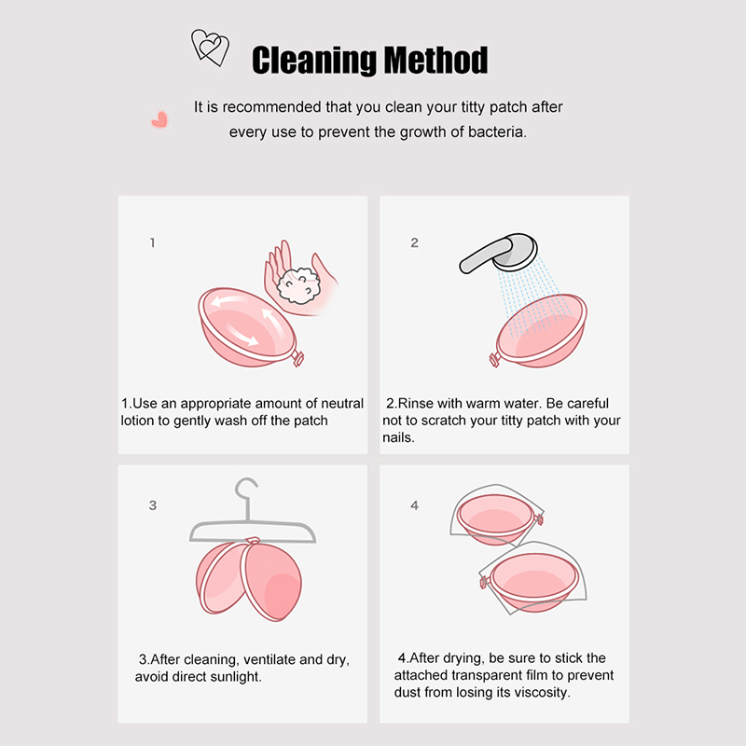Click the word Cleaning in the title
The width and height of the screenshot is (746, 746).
pos(314,61)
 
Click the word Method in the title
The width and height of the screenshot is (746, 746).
pos(435,60)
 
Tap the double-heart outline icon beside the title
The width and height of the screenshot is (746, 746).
pos(210,48)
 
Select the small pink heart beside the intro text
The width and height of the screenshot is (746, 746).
pos(159,119)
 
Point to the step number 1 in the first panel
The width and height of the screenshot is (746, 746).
pos(152,242)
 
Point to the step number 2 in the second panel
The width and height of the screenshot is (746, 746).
pos(414,242)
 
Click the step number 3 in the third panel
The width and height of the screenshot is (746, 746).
pos(152,505)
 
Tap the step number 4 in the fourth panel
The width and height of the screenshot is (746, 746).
pos(414,505)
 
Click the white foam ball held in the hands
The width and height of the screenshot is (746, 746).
pos(298,285)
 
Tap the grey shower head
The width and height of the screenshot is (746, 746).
pos(500,253)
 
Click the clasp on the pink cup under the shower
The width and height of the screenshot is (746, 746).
pos(494,360)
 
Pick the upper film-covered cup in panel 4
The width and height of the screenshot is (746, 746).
pos(497,517)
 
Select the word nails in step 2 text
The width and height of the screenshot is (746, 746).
pos(399,437)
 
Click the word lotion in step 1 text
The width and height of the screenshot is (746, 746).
pos(137,421)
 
